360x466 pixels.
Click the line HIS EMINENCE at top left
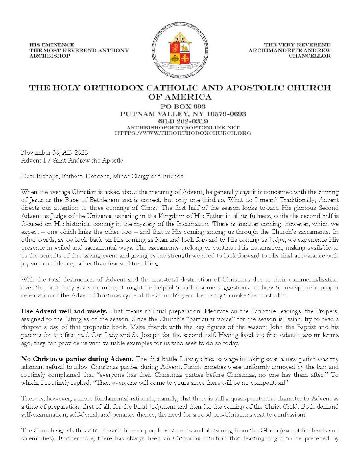(x=52, y=45)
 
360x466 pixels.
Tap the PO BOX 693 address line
(x=183, y=107)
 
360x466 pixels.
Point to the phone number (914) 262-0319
(x=183, y=121)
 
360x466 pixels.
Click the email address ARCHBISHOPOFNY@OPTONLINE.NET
(x=183, y=127)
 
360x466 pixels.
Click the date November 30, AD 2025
(x=54, y=153)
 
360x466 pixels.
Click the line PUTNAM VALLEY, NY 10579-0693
(x=183, y=114)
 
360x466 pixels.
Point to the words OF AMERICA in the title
(x=180, y=97)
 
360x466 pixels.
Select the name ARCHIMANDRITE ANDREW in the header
(x=289, y=50)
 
